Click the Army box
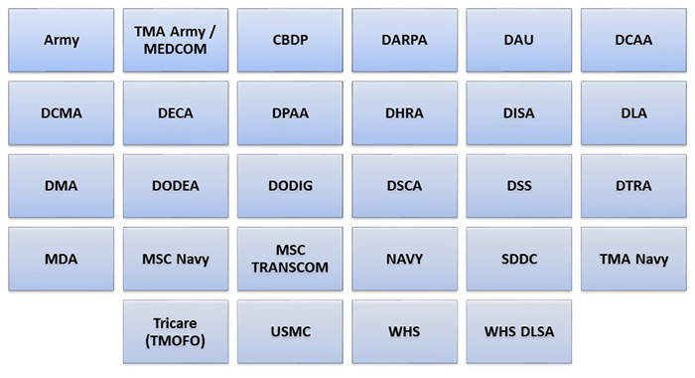pyautogui.click(x=62, y=41)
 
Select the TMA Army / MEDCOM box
pyautogui.click(x=176, y=41)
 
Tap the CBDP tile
pyautogui.click(x=290, y=41)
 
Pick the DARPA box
pyautogui.click(x=404, y=41)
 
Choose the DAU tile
pyautogui.click(x=518, y=41)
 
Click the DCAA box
pyautogui.click(x=632, y=41)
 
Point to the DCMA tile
pyautogui.click(x=62, y=113)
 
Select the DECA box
pyautogui.click(x=176, y=113)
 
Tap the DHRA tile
pyautogui.click(x=404, y=113)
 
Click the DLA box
pyautogui.click(x=632, y=113)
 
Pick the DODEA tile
pyautogui.click(x=176, y=186)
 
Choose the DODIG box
pyautogui.click(x=290, y=186)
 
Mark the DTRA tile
pyautogui.click(x=632, y=186)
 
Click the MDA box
pyautogui.click(x=62, y=259)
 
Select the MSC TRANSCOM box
pyautogui.click(x=290, y=259)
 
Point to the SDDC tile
pyautogui.click(x=518, y=259)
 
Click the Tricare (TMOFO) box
pyautogui.click(x=176, y=331)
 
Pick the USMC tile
pyautogui.click(x=290, y=331)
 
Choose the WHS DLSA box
pyautogui.click(x=518, y=331)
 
